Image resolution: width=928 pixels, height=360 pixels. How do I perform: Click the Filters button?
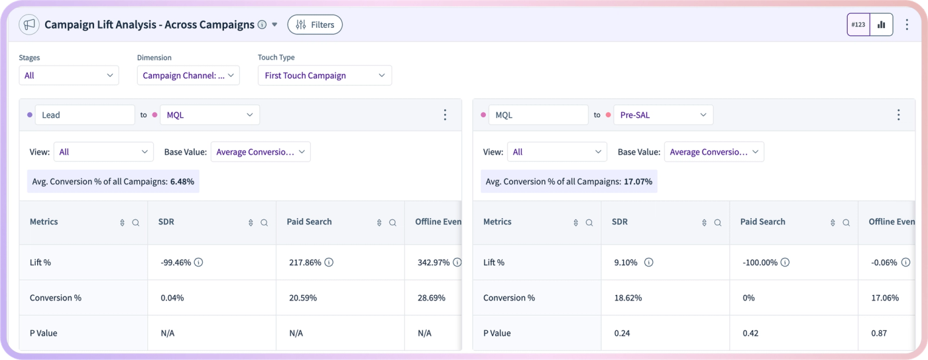coord(315,25)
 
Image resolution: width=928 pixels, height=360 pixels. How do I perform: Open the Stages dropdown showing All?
coord(69,76)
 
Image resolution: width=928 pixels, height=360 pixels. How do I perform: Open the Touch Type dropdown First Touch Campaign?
coord(325,76)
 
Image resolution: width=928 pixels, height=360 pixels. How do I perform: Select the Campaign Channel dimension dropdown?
coord(188,76)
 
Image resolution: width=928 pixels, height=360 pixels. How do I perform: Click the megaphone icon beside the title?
coord(29,25)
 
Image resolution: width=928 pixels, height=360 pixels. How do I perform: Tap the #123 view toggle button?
coord(858,25)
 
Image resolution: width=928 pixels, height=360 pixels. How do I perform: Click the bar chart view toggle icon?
coord(882,25)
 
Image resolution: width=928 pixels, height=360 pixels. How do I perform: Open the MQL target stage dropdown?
coord(209,115)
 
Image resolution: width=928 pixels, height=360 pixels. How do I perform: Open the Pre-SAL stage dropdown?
coord(664,115)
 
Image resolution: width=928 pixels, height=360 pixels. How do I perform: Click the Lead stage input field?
coord(85,115)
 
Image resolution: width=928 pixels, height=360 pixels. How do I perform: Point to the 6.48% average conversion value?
coord(182,182)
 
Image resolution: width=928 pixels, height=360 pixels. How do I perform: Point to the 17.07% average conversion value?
coord(638,182)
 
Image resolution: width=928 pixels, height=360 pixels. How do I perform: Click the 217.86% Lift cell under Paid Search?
coord(305,263)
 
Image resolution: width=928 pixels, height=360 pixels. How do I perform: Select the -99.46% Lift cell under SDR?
coord(176,263)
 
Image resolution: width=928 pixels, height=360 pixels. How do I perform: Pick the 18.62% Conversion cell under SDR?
coord(628,298)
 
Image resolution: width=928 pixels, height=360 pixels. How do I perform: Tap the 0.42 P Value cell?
coord(750,333)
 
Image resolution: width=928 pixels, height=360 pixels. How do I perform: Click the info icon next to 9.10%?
coord(649,263)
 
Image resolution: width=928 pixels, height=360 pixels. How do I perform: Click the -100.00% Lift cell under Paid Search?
coord(760,263)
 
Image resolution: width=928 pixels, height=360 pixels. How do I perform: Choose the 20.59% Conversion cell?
coord(303,298)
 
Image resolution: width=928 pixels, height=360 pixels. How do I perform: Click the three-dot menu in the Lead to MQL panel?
coord(445,115)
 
